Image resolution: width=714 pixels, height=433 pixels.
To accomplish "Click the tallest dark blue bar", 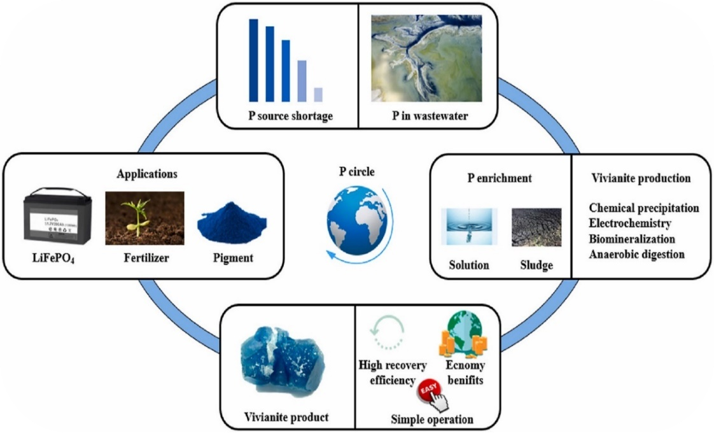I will coord(253,60).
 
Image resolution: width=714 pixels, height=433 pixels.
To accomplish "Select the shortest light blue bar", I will coord(318,94).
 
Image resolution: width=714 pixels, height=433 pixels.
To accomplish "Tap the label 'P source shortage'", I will coord(291,117).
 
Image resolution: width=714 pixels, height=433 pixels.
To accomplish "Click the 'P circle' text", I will coord(358,171).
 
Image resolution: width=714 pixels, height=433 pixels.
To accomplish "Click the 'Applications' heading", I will coord(147,173).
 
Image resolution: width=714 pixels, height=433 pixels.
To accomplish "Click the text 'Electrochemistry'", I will coord(630,224).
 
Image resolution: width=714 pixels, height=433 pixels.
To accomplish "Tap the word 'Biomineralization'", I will coord(632,239).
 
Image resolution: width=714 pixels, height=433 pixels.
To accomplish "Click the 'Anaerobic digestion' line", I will coord(636,254).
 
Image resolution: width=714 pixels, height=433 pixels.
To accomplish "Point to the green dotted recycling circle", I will coord(384,332).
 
